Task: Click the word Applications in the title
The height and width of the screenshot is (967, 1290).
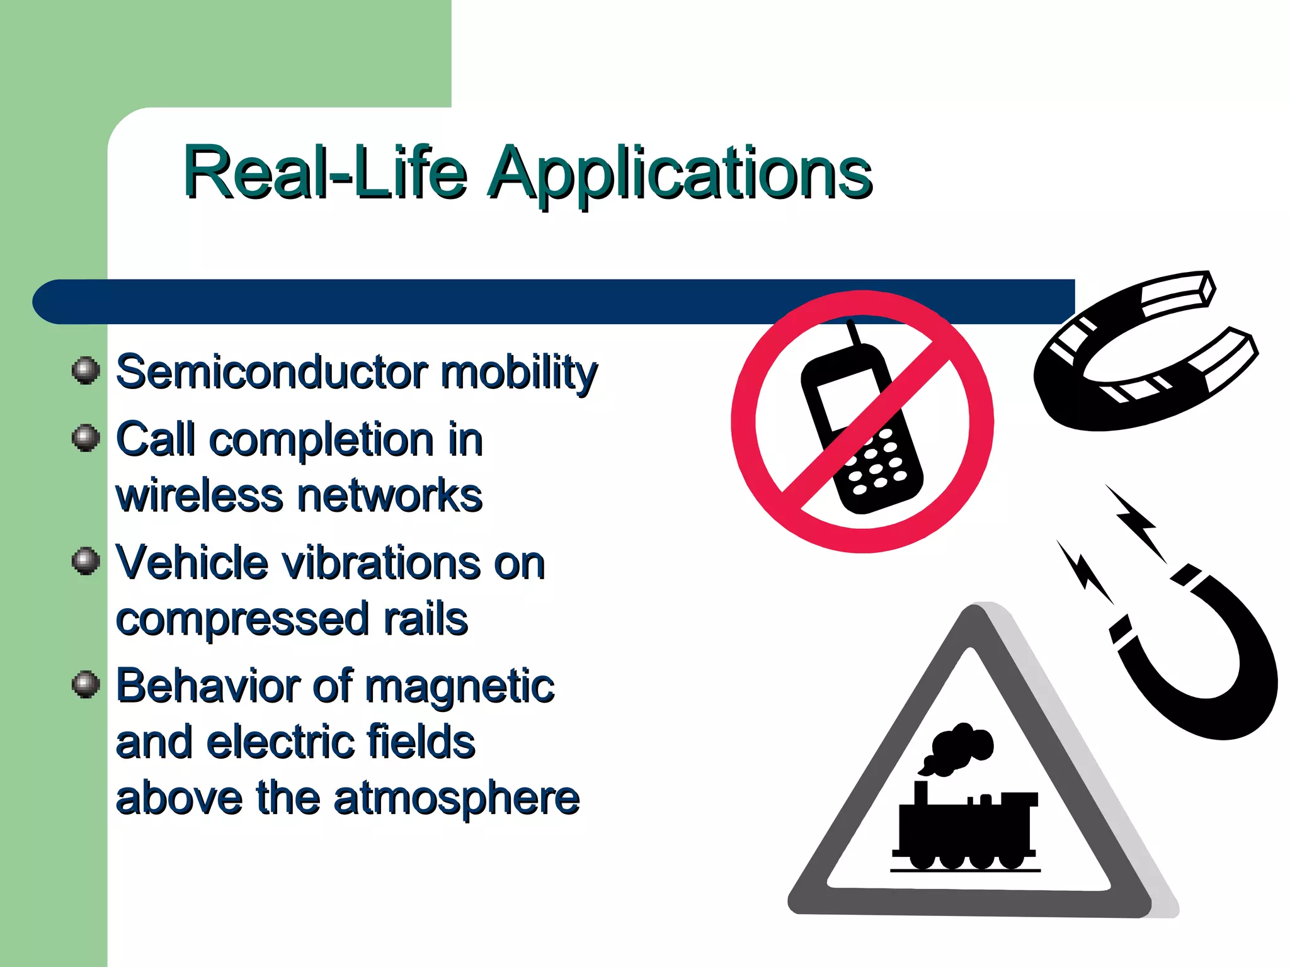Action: [x=680, y=173]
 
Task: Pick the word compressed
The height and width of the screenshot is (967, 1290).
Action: [x=242, y=619]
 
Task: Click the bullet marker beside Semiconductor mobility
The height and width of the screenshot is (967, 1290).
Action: [x=86, y=370]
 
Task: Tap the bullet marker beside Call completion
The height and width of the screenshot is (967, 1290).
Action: [x=86, y=438]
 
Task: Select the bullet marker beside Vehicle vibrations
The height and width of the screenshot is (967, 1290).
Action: [x=86, y=560]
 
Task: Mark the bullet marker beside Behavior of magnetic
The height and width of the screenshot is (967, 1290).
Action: [x=86, y=684]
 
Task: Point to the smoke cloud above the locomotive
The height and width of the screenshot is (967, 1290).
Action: [x=957, y=749]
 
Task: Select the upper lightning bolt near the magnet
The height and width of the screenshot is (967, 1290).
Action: [x=1138, y=523]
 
